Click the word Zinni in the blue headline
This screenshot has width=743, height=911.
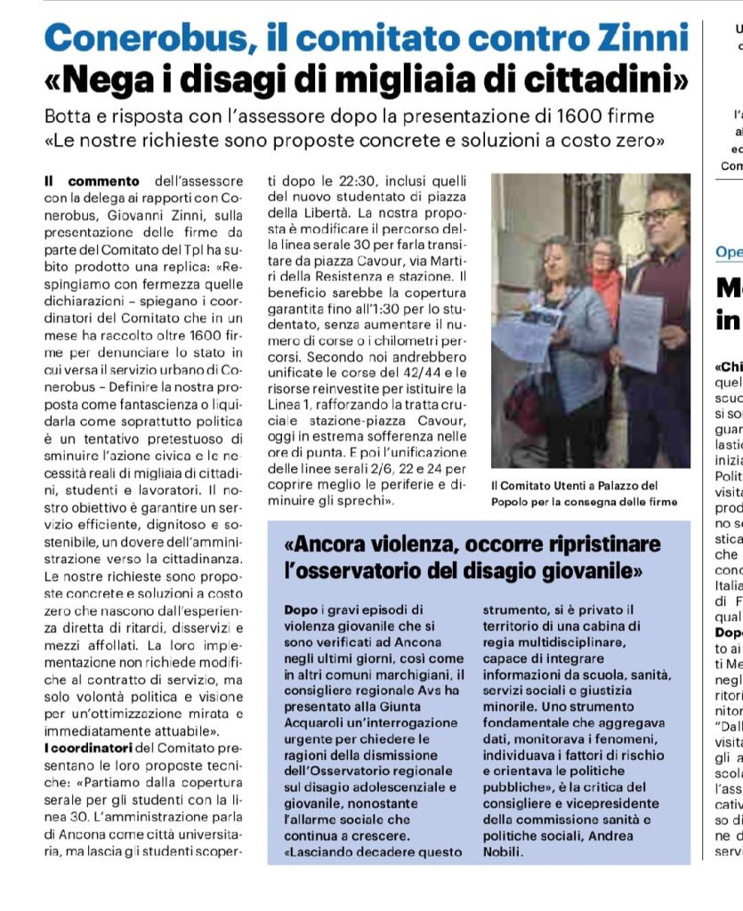(x=643, y=38)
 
